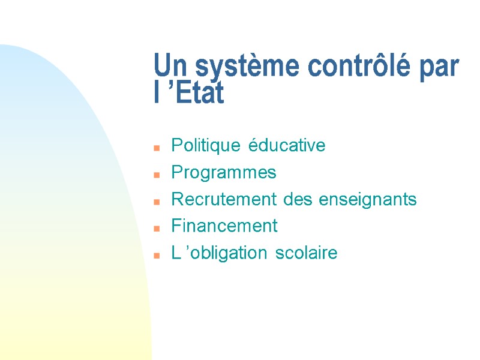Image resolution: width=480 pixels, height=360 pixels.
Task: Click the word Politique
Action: tap(207, 146)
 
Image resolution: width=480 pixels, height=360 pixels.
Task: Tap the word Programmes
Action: tap(224, 173)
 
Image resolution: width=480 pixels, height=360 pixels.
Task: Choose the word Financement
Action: tap(224, 226)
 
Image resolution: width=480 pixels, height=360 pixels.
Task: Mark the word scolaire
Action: tap(307, 253)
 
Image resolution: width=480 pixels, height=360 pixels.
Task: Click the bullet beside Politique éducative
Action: tap(156, 148)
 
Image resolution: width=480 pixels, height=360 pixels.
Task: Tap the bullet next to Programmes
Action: tap(156, 175)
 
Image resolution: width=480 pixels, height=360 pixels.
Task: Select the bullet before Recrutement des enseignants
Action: tap(156, 202)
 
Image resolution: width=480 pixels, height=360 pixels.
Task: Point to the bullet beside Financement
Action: tap(156, 229)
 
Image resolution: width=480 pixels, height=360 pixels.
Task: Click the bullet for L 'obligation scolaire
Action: tap(156, 256)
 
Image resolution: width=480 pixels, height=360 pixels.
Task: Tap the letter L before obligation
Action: tap(176, 253)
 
